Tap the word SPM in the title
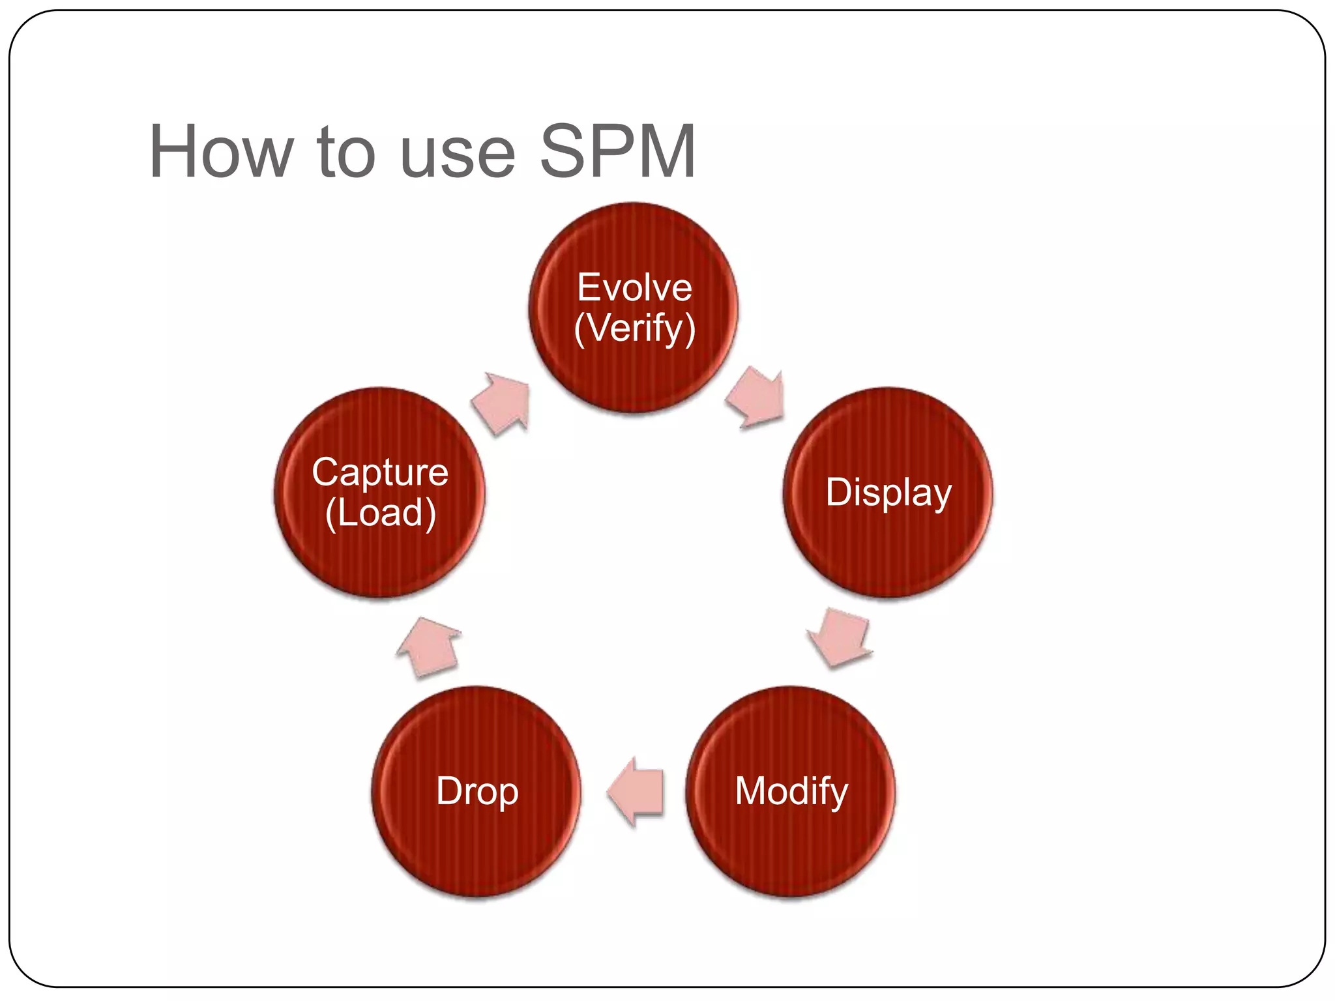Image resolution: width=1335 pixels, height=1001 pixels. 618,151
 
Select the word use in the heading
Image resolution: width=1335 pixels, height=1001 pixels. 458,156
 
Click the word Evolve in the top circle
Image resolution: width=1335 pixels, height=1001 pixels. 634,287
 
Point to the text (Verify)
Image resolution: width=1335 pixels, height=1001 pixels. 634,328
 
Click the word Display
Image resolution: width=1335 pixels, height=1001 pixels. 888,493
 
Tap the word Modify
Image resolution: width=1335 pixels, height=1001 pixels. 791,791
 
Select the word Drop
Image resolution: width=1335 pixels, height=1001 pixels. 477,791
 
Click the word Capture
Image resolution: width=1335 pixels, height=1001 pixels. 380,472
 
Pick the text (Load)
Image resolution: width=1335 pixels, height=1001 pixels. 380,513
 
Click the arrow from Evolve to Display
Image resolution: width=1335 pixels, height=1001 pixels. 756,398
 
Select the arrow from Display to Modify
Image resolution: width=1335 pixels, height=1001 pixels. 840,637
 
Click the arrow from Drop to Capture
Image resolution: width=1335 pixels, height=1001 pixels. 429,646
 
